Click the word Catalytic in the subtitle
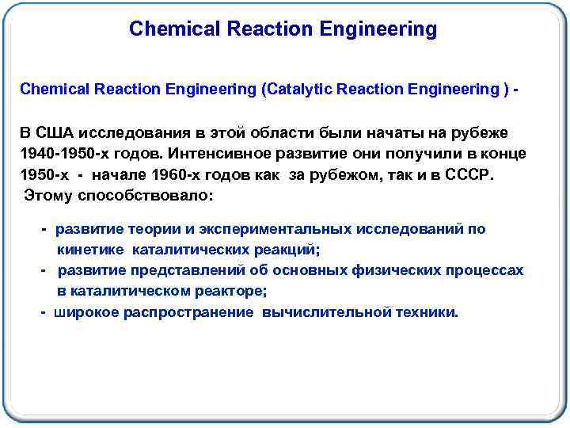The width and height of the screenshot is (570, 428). [x=298, y=89]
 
